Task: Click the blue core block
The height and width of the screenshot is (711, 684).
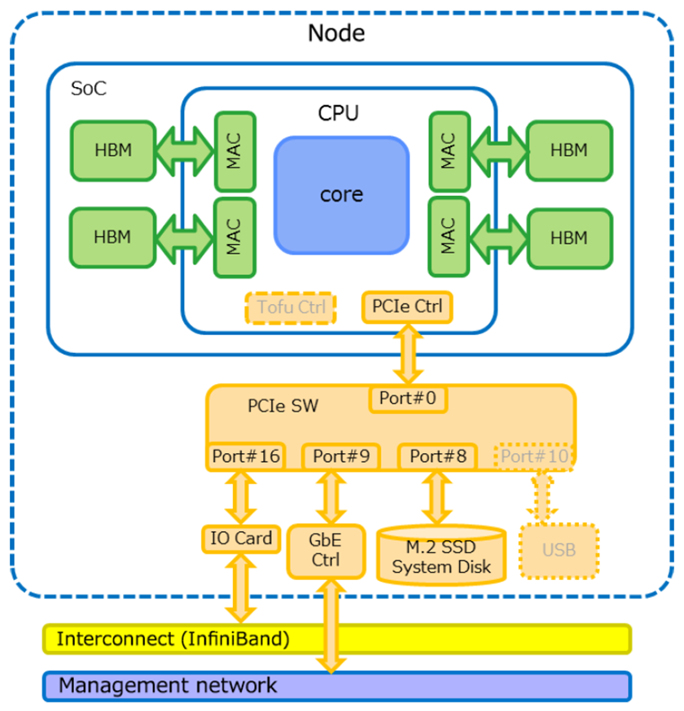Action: (x=341, y=195)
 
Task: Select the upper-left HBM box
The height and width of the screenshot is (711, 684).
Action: (x=112, y=150)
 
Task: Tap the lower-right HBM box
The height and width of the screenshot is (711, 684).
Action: (x=568, y=238)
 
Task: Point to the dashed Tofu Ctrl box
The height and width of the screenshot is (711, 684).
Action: (x=291, y=308)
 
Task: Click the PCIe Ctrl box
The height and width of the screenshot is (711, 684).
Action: (x=407, y=307)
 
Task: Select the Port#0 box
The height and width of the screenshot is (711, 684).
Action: (x=408, y=399)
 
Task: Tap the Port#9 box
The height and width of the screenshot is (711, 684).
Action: (x=340, y=456)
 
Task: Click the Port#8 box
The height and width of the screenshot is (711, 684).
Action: (x=437, y=456)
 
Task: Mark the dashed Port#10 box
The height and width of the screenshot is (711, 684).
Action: (x=533, y=456)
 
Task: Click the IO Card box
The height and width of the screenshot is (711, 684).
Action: (x=241, y=538)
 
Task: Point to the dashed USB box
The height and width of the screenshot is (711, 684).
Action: (x=559, y=551)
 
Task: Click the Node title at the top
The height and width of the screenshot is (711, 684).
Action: (x=336, y=33)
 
